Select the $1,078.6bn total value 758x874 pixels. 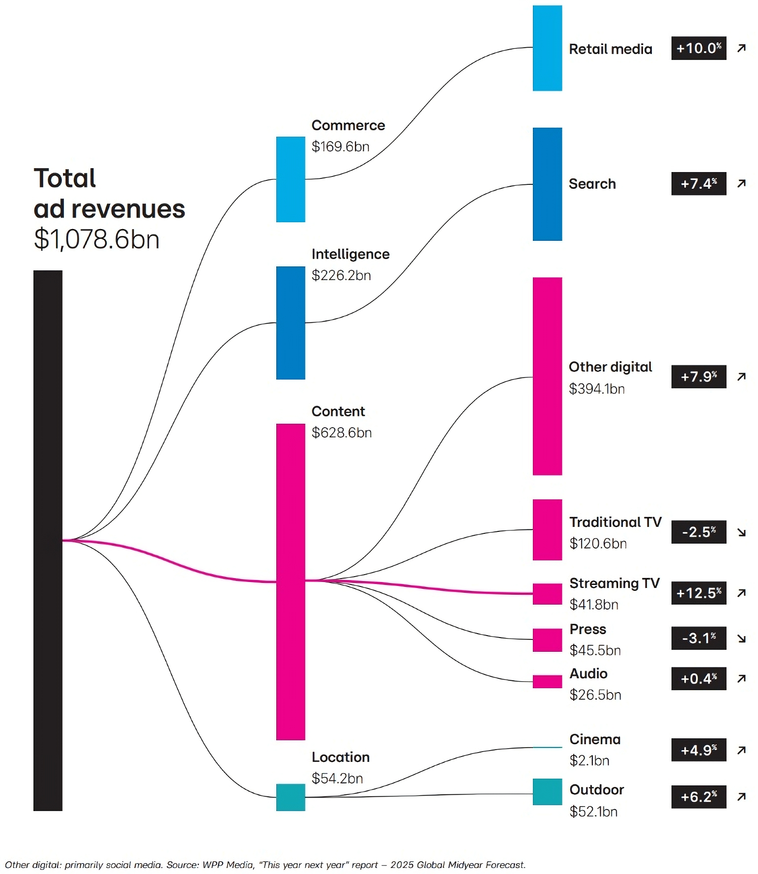(x=97, y=239)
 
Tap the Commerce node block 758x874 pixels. (x=291, y=179)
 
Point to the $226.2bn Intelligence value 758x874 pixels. (x=341, y=275)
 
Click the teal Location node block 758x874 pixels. (x=291, y=797)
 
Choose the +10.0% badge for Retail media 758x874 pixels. (x=699, y=48)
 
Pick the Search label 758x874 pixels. (x=592, y=184)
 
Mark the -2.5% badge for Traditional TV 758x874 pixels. (x=699, y=532)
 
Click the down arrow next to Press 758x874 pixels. (x=741, y=639)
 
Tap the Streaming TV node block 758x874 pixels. (x=547, y=594)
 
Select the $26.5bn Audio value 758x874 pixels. (x=595, y=695)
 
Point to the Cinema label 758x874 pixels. (x=595, y=739)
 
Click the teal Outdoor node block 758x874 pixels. (x=547, y=791)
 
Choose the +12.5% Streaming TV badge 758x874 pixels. (x=699, y=593)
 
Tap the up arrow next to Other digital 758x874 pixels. (x=741, y=377)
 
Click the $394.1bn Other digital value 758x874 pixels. (x=597, y=389)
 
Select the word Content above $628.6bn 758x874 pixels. (x=338, y=411)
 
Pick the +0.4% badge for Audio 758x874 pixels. (x=699, y=679)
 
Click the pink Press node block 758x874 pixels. (x=547, y=640)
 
